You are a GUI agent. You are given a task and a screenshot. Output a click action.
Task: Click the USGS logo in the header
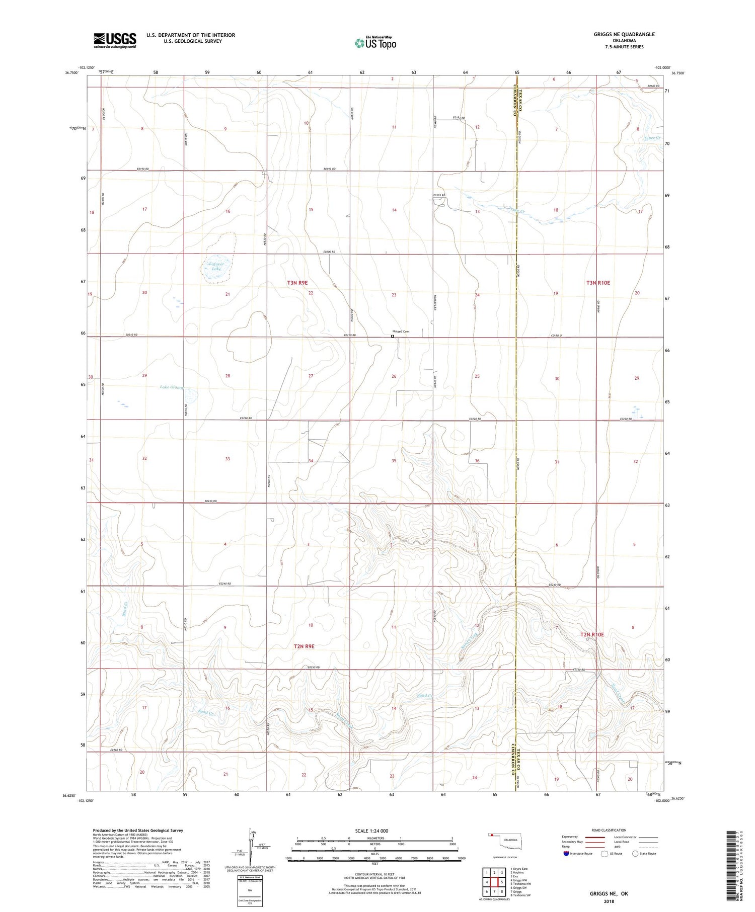(115, 40)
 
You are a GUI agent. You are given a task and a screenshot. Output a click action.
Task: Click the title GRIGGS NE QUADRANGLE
(624, 34)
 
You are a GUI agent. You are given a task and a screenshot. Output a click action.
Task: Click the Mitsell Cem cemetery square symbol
(393, 337)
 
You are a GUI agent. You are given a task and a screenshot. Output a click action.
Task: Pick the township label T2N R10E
(592, 634)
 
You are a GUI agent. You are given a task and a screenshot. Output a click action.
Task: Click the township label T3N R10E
(597, 283)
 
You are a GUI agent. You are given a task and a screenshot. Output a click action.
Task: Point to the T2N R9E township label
(304, 646)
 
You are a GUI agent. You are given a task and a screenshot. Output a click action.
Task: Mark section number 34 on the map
(311, 461)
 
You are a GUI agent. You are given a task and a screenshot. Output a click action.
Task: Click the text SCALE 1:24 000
(371, 831)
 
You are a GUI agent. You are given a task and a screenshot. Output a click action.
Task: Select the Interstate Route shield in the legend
(566, 853)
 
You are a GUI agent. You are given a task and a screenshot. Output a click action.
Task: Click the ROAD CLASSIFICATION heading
(609, 830)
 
